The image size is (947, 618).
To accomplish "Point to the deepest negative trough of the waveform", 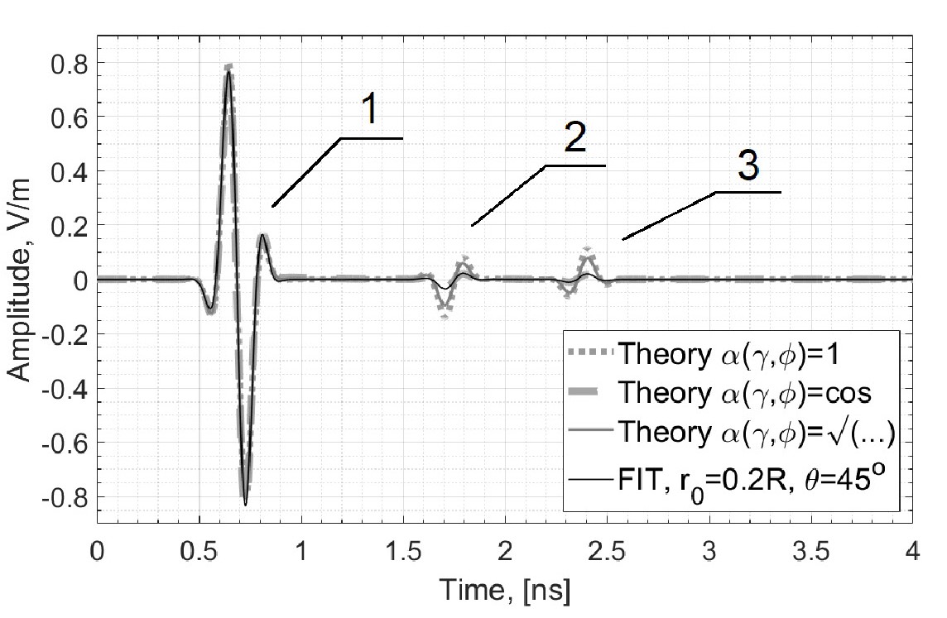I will [245, 503].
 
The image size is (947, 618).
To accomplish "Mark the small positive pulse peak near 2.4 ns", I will [587, 248].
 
